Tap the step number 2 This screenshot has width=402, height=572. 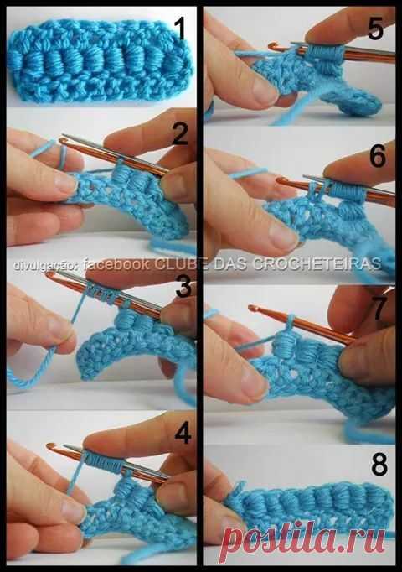pyautogui.click(x=180, y=134)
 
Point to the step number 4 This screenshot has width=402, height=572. pyautogui.click(x=183, y=433)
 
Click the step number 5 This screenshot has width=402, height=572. pyautogui.click(x=375, y=29)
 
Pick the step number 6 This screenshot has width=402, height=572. pyautogui.click(x=378, y=157)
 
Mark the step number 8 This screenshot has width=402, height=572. pyautogui.click(x=379, y=465)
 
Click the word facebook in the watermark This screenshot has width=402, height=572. pyautogui.click(x=116, y=264)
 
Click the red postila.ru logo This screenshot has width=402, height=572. pyautogui.click(x=304, y=538)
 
